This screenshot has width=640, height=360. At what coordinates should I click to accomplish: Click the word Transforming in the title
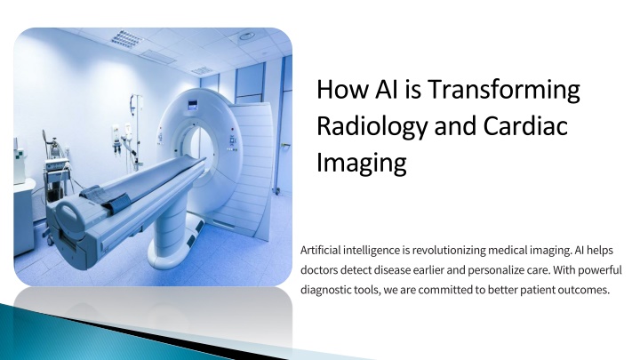point(504,90)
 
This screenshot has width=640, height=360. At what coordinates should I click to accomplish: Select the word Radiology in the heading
point(372,126)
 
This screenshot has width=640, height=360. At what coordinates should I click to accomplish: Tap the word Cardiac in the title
point(525,125)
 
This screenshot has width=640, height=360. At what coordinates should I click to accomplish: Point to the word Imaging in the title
point(362,163)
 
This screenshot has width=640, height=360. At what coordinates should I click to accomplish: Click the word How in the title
point(342,89)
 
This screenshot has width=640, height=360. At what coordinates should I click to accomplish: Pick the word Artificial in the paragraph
point(320,250)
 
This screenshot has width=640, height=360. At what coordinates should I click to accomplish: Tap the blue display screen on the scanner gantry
point(192,105)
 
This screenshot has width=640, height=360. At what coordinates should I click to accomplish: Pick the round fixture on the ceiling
point(246,36)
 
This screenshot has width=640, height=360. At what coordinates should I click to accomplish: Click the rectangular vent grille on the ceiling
point(126,38)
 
